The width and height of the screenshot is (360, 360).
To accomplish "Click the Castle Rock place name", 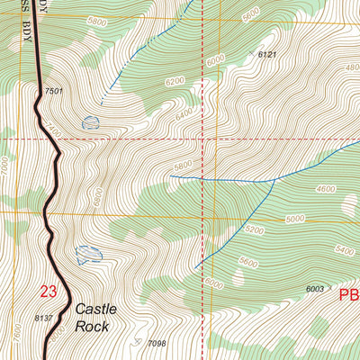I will pyautogui.click(x=104, y=317).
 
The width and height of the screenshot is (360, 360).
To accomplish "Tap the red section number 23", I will pyautogui.click(x=49, y=291).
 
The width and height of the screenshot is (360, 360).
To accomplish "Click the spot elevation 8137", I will pyautogui.click(x=45, y=318).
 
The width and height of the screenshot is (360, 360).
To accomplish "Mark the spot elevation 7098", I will pyautogui.click(x=157, y=343).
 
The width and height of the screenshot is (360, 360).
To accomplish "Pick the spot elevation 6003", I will pyautogui.click(x=314, y=288).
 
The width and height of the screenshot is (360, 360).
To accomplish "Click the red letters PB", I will pyautogui.click(x=348, y=294).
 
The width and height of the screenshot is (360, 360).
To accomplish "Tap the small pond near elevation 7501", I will pyautogui.click(x=89, y=122).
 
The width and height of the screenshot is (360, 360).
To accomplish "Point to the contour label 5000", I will pyautogui.click(x=295, y=219).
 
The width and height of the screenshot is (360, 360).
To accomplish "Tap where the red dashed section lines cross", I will pyautogui.click(x=202, y=139).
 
